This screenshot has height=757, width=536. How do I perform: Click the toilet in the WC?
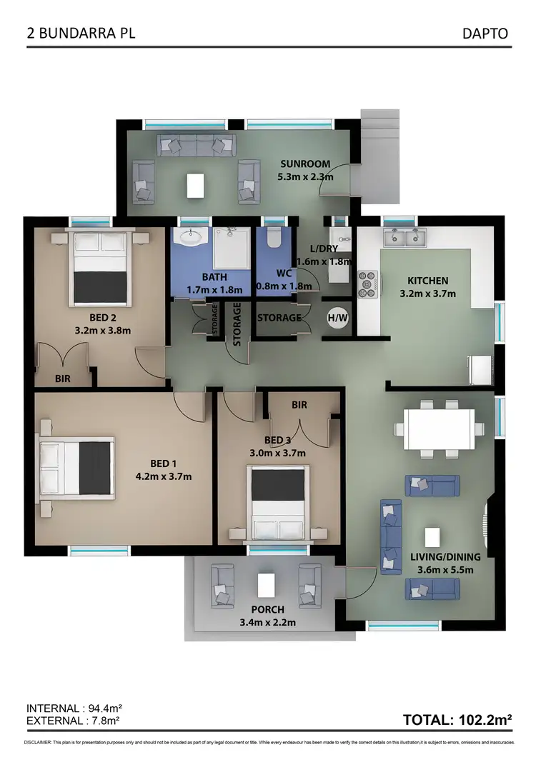pyautogui.click(x=272, y=239)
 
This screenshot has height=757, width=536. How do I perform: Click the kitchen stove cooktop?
pyautogui.click(x=367, y=284)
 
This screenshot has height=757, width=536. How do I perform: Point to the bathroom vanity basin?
pyautogui.click(x=191, y=236)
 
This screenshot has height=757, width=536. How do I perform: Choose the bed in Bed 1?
pyautogui.click(x=76, y=467)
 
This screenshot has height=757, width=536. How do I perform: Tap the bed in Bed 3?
pyautogui.click(x=279, y=503)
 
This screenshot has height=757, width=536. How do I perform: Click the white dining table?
pyautogui.click(x=439, y=428)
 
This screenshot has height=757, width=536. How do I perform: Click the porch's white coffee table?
pyautogui.click(x=266, y=583)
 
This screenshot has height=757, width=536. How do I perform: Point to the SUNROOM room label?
pyautogui.click(x=305, y=164)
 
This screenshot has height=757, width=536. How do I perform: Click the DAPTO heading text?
pyautogui.click(x=486, y=34)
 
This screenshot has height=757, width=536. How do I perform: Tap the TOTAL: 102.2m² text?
pyautogui.click(x=457, y=720)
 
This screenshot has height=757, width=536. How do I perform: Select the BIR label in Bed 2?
pyautogui.click(x=63, y=379)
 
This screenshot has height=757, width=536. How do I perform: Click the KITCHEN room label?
pyautogui.click(x=427, y=281)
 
